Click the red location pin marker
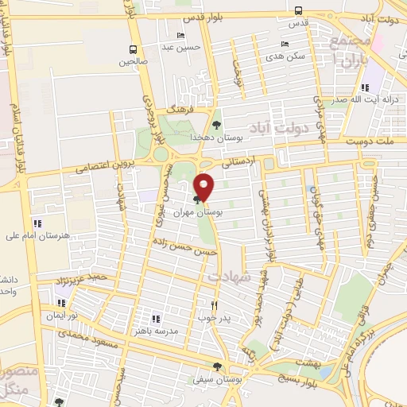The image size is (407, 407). click(205, 186)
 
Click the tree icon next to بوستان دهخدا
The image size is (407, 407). click(217, 124)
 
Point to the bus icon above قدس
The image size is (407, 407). click(298, 11)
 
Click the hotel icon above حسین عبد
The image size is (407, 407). click(180, 36)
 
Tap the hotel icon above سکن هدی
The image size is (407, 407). click(285, 44)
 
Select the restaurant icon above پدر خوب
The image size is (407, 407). click(214, 304)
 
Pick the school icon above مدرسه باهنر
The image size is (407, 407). click(156, 318)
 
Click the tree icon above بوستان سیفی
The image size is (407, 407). click(216, 366)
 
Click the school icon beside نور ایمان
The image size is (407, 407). click(61, 302)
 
